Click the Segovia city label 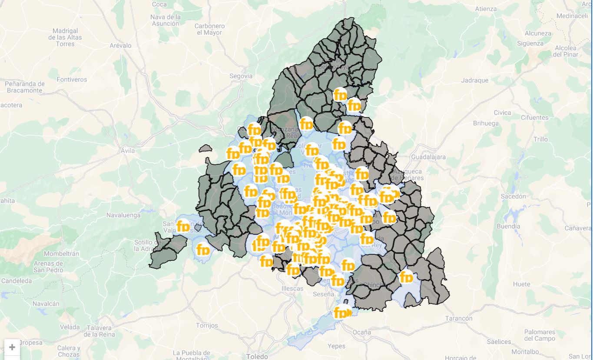click(241, 76)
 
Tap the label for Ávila click(127, 151)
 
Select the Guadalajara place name click(428, 157)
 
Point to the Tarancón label click(459, 319)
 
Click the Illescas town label click(292, 289)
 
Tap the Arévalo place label click(120, 46)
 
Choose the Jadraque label click(474, 80)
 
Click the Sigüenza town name click(530, 43)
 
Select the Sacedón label click(513, 197)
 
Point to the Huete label click(521, 284)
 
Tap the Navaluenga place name click(123, 215)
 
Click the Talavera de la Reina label click(99, 331)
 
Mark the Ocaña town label click(362, 332)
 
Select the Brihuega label click(486, 123)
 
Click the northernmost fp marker click(340, 95)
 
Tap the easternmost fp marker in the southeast click(406, 277)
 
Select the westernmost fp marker click(183, 227)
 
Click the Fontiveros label click(72, 80)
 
